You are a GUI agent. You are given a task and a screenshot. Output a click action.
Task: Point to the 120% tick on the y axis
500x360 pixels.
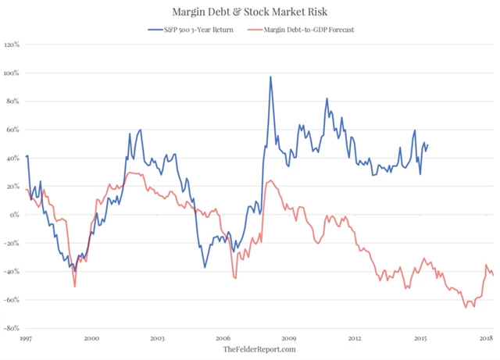pos(13,45)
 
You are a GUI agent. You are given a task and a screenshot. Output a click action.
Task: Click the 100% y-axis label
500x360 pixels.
pos(13,73)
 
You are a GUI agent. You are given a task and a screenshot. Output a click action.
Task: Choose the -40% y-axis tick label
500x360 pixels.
pos(12,272)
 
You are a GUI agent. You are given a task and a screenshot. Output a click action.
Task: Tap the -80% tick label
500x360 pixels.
pos(12,328)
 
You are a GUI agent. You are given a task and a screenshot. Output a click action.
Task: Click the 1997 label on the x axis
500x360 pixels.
pos(26,338)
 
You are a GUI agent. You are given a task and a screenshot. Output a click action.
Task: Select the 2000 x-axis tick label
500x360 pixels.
pos(91,338)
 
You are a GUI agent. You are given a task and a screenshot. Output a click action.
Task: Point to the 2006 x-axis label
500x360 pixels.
pos(223,338)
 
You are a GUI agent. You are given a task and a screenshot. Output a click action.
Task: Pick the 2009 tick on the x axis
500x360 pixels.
pos(288,338)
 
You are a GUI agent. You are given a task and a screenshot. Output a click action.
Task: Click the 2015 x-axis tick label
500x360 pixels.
pos(420,338)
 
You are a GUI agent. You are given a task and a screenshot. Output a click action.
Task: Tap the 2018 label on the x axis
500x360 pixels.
pos(485,338)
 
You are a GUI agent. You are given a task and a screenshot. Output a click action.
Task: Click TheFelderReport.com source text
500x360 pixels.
pos(250,349)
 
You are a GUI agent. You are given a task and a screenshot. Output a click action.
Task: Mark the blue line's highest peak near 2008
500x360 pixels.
pos(270,77)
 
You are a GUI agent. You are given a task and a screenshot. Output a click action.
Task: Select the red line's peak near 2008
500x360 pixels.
pos(269,180)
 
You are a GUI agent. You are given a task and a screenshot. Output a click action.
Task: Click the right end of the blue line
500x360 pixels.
pos(428,144)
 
